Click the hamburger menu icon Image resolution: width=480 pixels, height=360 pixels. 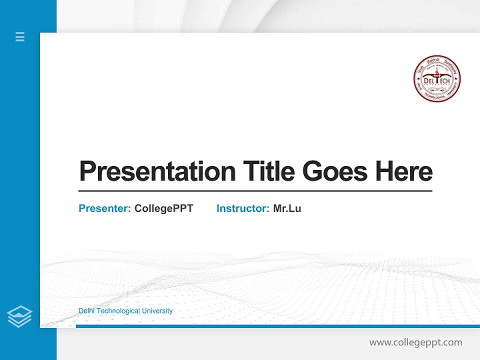coord(20,36)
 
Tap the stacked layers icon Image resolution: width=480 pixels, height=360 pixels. coord(19,316)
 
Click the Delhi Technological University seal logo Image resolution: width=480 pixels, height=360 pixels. coord(436,79)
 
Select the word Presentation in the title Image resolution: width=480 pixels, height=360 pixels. coord(157,171)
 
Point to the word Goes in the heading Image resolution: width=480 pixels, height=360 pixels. coord(335,171)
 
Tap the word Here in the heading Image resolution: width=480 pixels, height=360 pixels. coord(403,171)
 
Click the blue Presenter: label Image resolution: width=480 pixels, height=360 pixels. coord(105,208)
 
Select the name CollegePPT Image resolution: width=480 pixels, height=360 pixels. coord(163,208)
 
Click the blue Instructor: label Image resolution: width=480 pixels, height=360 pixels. coord(243,208)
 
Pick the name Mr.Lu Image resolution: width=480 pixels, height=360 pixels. coord(287,208)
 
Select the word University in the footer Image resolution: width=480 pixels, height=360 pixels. coord(157,311)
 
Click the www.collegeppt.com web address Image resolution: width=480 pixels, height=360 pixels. coord(415,342)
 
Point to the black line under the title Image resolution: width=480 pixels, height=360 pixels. coord(255,191)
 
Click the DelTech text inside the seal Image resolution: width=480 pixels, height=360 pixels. coord(436,80)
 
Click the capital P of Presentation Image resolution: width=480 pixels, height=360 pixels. coord(88,171)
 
